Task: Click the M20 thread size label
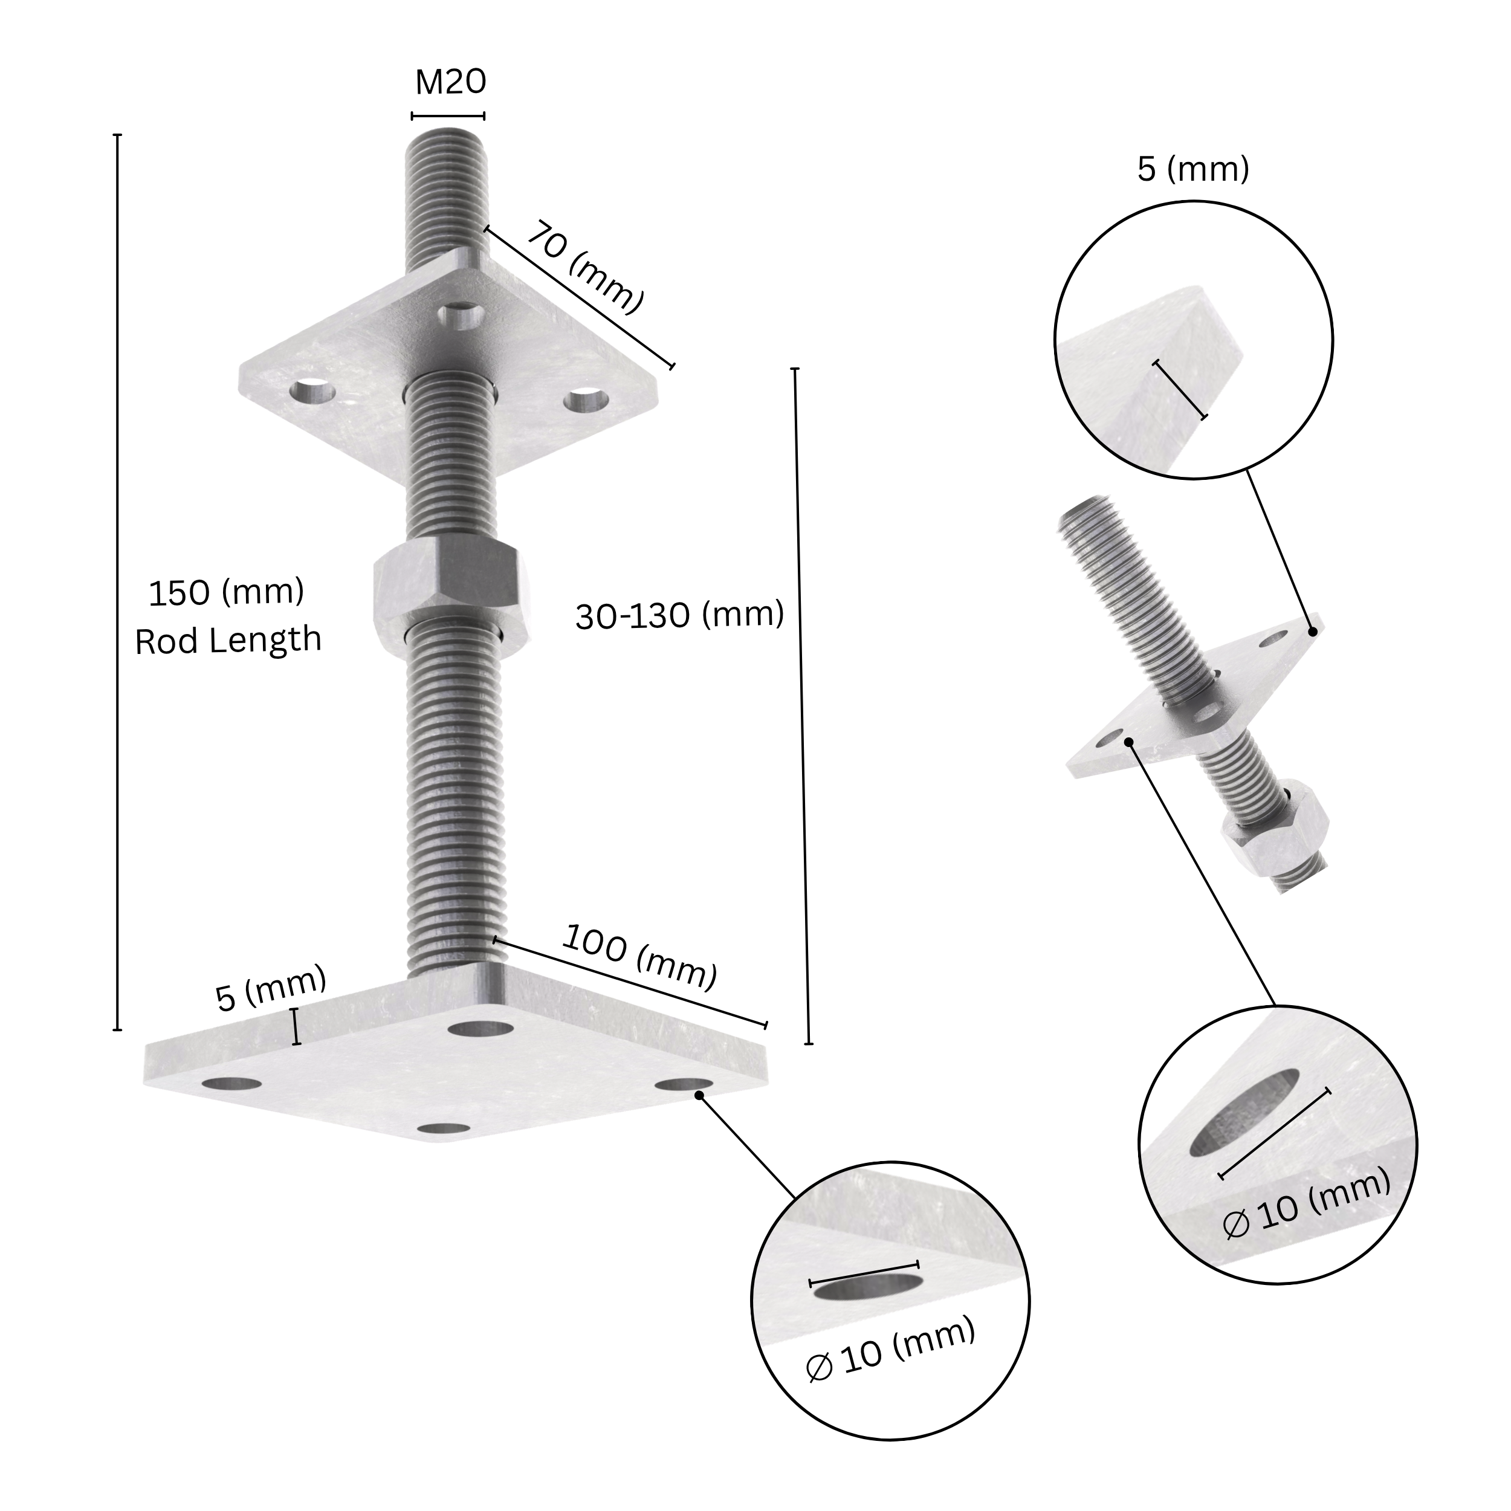tap(450, 82)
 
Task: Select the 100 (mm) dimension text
tap(639, 957)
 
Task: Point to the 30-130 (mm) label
tap(679, 615)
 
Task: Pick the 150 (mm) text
tap(226, 593)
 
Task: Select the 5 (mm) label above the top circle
tap(1192, 169)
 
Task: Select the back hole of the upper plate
tap(461, 315)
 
